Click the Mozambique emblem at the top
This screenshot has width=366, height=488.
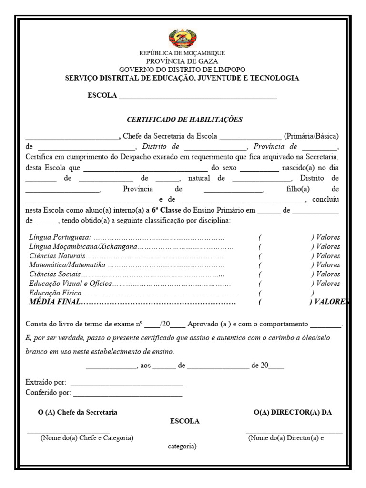coord(183,38)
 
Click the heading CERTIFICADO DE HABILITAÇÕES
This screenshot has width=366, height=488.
coord(184,119)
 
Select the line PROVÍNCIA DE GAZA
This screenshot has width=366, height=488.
coord(182,61)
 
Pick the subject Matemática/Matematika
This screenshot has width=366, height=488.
coord(67,265)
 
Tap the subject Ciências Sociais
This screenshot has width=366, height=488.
coord(55,274)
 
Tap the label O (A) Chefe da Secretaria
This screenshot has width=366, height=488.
coord(78,412)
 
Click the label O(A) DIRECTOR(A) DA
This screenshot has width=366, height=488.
coord(293,412)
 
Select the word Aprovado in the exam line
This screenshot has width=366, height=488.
coord(203,324)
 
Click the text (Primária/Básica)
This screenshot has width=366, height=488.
coord(311,136)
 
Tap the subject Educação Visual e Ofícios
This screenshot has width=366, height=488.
coord(71,284)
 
